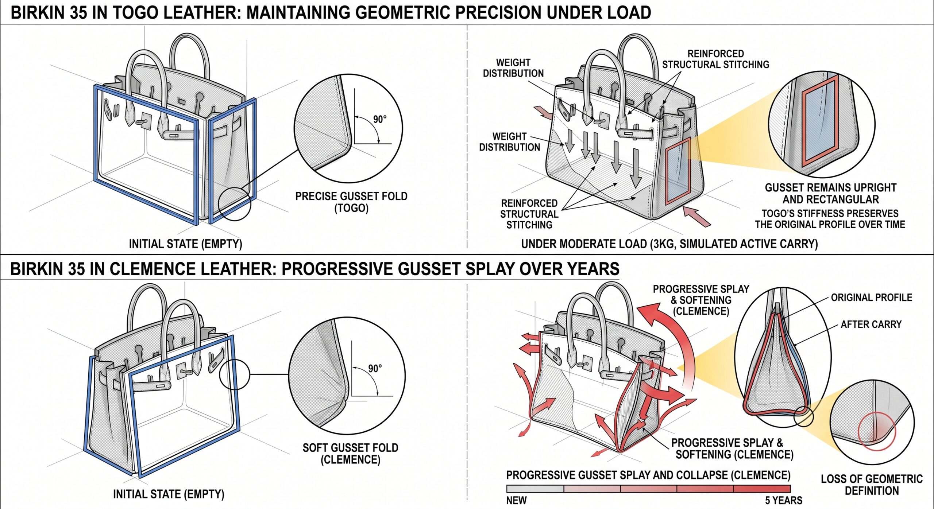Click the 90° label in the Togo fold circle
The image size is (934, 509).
tap(379, 120)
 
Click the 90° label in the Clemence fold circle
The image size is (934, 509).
tap(375, 368)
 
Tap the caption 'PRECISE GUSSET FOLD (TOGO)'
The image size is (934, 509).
tap(351, 202)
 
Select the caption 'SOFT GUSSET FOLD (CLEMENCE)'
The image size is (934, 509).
tap(350, 454)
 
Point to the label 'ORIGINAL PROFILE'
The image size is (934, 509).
tap(871, 298)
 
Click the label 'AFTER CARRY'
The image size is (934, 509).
tap(871, 324)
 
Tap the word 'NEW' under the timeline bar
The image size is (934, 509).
tap(516, 500)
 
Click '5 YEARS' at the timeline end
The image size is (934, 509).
tap(783, 500)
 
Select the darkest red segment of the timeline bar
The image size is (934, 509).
tap(761, 489)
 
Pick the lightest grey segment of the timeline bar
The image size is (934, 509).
tap(535, 489)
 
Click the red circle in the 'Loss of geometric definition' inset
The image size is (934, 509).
tap(877, 431)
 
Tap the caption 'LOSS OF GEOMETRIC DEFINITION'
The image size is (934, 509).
tap(872, 485)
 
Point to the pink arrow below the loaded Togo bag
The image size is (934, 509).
tap(697, 217)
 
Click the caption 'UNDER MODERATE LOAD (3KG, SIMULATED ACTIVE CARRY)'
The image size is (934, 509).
tap(669, 244)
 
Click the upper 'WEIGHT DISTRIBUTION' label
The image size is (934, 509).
tap(513, 68)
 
